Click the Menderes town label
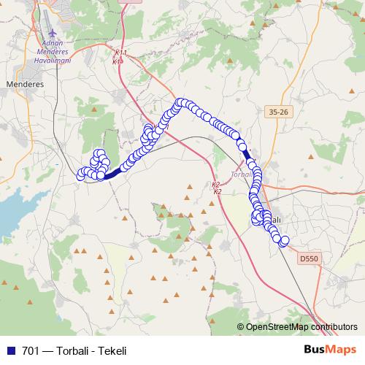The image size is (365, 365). tap(25, 84)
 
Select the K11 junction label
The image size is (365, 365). tap(120, 53)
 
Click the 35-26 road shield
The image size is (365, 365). tap(279, 112)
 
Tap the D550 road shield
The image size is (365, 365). tap(310, 258)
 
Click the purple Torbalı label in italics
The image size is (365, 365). tap(240, 174)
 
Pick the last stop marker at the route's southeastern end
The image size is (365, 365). tap(285, 241)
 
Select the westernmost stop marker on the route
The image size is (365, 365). tap(81, 174)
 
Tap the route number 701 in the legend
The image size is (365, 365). tap(31, 350)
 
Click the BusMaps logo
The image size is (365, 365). tap(332, 350)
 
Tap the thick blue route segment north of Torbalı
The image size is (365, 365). tap(247, 154)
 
